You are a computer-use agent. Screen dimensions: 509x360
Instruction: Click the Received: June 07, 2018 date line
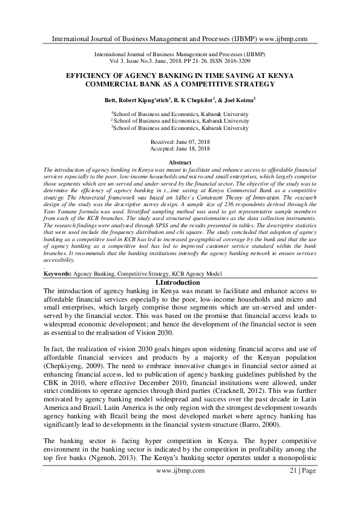point(180,140)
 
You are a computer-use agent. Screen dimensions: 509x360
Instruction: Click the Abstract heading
point(180,163)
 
